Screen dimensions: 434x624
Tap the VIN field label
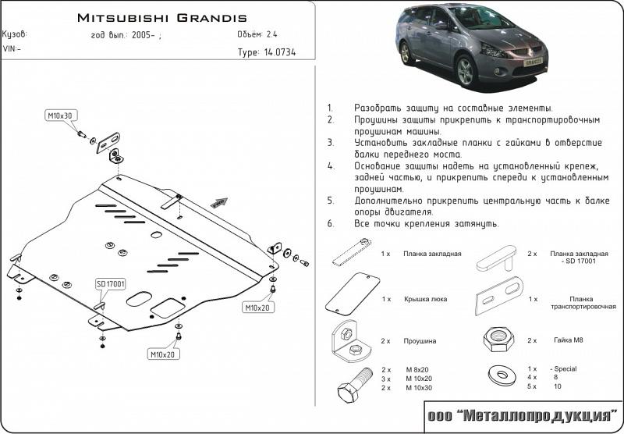pyautogui.click(x=12, y=48)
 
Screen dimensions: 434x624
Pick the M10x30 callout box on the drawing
pyautogui.click(x=59, y=116)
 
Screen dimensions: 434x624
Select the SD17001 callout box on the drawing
pyautogui.click(x=111, y=283)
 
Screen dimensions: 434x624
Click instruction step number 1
pyautogui.click(x=330, y=107)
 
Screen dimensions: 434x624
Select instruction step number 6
pyautogui.click(x=330, y=224)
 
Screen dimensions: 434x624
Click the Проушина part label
pyautogui.click(x=420, y=340)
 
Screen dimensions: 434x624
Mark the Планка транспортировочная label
pyautogui.click(x=576, y=304)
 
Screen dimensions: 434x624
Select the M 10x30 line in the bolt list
pyautogui.click(x=420, y=388)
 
